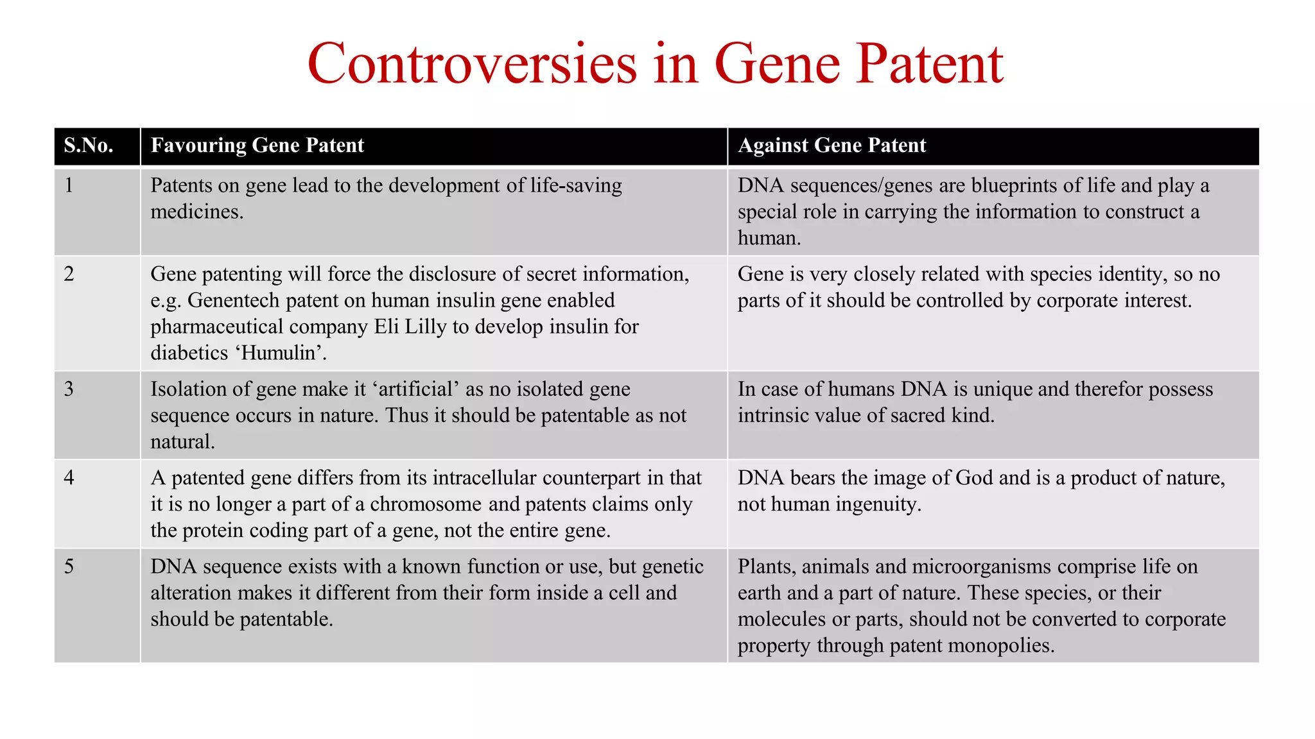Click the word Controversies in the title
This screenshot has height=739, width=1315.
click(472, 64)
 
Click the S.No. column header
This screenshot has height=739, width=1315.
click(89, 146)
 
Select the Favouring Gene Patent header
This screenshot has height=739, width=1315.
click(257, 146)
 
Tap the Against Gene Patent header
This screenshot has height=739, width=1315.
click(832, 146)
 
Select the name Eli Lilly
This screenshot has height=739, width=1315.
click(410, 327)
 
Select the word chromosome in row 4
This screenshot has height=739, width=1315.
click(426, 504)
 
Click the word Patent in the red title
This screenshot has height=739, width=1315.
click(930, 64)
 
